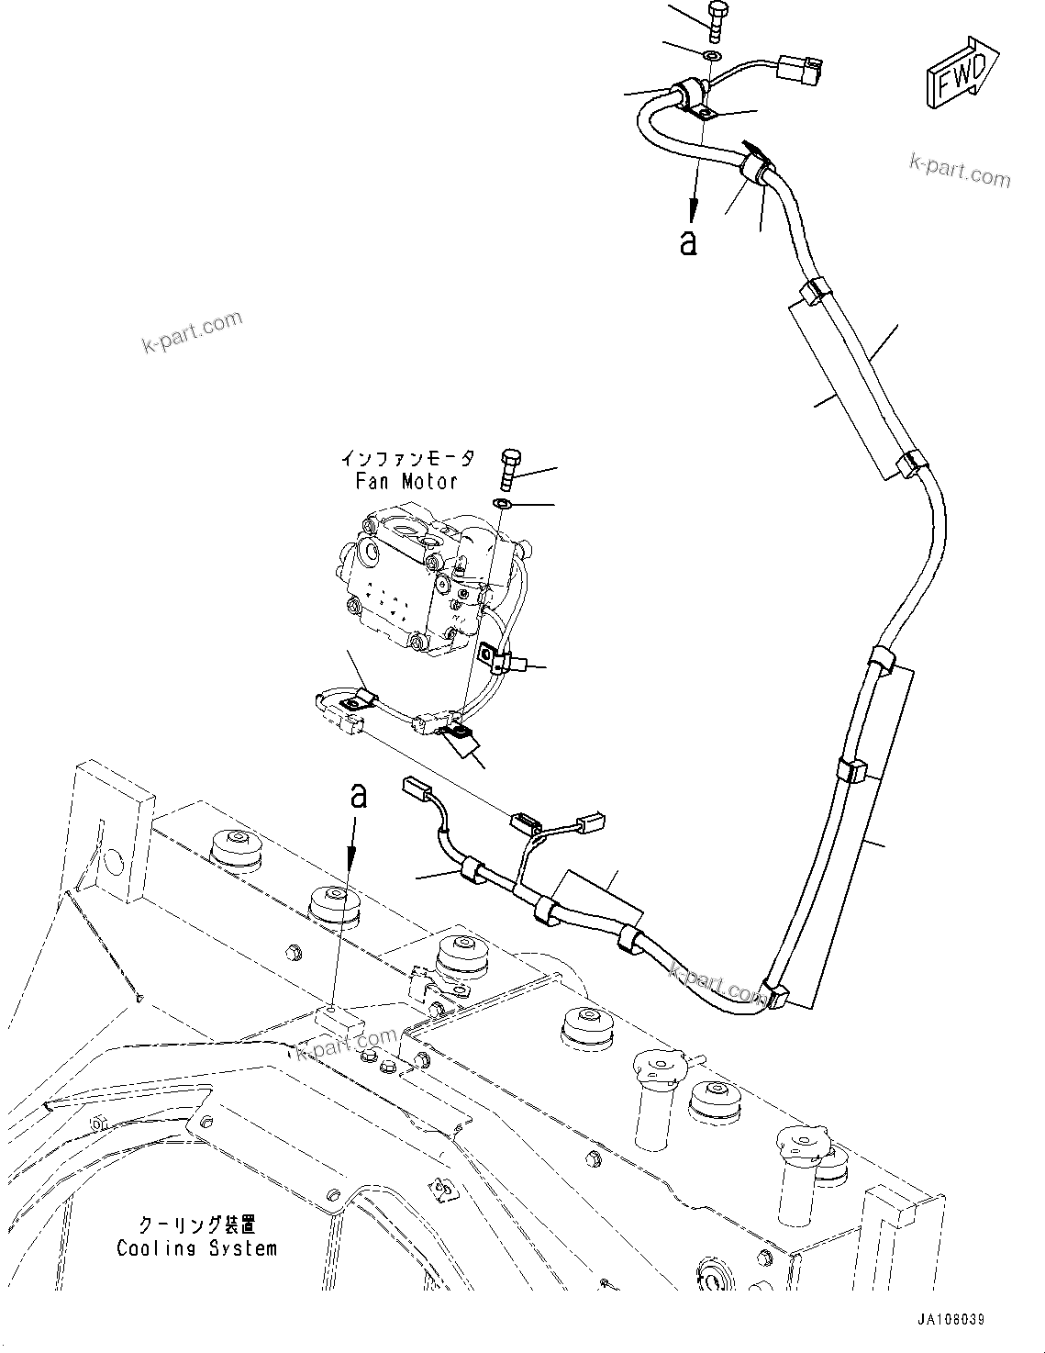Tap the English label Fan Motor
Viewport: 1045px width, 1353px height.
pos(406,481)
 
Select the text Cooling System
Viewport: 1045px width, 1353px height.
pos(196,1248)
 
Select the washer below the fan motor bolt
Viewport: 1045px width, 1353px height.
pos(503,504)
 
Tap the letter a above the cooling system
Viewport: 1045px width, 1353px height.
pos(358,796)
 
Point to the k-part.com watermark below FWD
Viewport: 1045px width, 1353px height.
pos(959,170)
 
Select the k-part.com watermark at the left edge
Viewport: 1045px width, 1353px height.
pos(193,331)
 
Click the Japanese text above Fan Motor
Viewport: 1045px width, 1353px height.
pos(407,457)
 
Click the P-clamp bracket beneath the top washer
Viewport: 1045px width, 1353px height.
pos(702,114)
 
